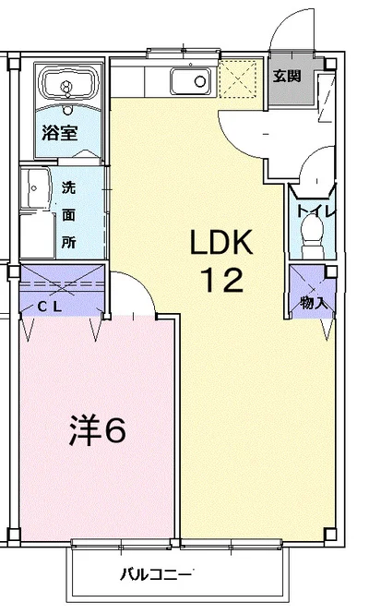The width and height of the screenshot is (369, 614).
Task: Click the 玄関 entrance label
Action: [x=287, y=76]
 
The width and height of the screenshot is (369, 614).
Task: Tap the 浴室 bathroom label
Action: [x=60, y=133]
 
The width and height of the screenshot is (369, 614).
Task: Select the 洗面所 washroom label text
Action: [x=68, y=215]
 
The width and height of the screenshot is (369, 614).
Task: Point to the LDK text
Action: [x=221, y=243]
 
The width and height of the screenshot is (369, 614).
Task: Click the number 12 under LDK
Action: [x=222, y=280]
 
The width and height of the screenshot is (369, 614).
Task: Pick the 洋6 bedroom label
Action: [x=98, y=430]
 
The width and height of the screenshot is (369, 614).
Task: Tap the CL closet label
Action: [x=50, y=307]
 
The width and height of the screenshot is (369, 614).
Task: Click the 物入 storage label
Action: [x=314, y=302]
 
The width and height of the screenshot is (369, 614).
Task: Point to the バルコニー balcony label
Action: [x=156, y=575]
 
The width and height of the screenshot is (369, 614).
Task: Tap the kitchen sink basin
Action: [x=191, y=81]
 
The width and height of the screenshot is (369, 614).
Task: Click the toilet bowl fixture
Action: [x=312, y=235]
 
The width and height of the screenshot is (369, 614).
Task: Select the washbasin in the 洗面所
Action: [x=35, y=188]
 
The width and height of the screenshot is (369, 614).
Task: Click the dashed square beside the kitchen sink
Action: [x=237, y=78]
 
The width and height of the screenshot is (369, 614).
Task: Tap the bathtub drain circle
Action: [x=67, y=85]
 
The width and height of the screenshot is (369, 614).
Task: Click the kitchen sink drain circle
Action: [x=200, y=81]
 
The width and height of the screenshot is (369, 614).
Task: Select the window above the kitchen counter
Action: [x=184, y=53]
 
